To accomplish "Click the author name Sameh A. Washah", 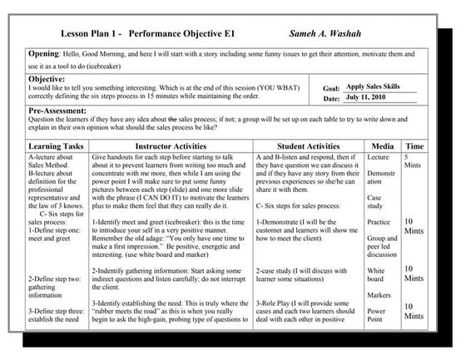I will point(330,34).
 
